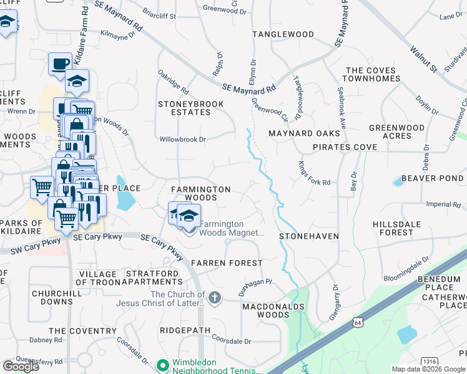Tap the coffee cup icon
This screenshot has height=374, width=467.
pos(61,64)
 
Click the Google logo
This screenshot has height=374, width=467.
pos(21,367)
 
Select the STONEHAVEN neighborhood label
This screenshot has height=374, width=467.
pos(308,236)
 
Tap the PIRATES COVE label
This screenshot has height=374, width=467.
pos(345,147)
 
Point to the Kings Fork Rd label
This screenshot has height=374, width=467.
pos(313,174)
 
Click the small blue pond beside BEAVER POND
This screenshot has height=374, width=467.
pos(398,182)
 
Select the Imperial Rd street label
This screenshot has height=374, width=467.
pos(443,204)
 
